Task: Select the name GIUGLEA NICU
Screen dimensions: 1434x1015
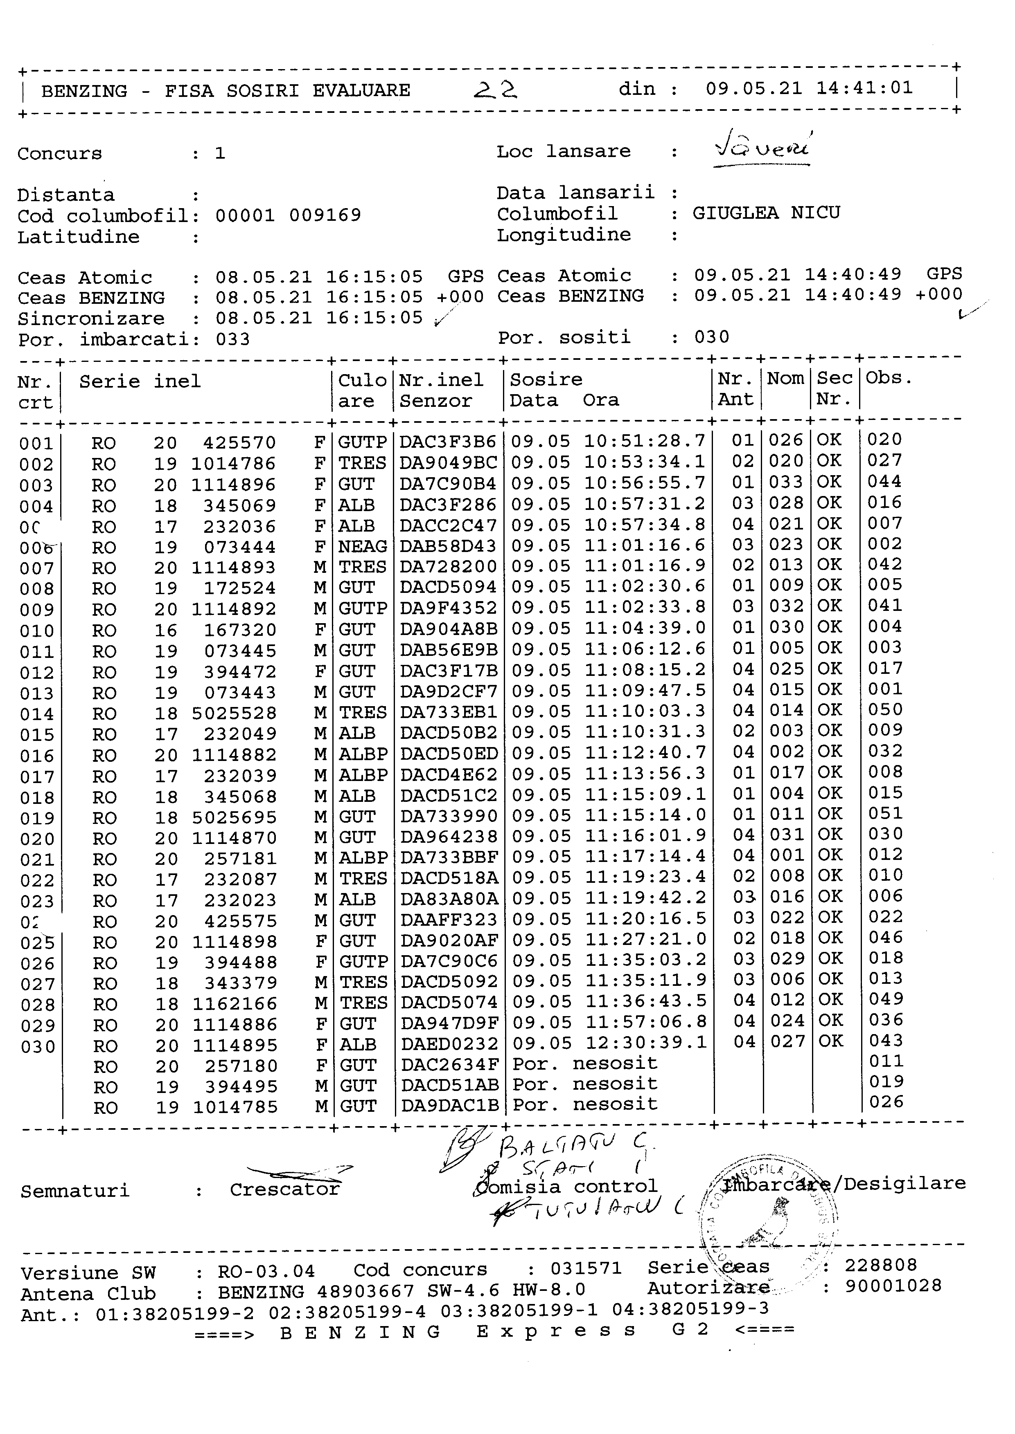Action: click(x=766, y=213)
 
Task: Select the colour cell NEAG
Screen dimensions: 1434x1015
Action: click(x=363, y=547)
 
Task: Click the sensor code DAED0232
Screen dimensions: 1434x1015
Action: click(x=449, y=1044)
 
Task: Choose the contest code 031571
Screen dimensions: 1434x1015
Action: click(x=586, y=1268)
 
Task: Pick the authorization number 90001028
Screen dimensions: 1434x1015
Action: click(x=893, y=1286)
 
